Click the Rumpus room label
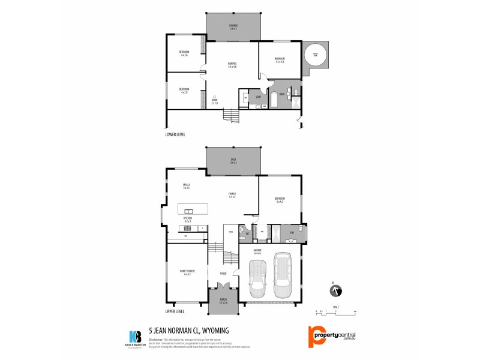tap(232, 65)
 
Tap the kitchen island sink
tap(189, 211)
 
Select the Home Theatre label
tap(187, 273)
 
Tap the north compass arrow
tap(334, 291)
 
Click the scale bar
tap(335, 311)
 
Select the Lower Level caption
tap(175, 135)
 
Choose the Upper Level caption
tap(175, 311)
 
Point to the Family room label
tap(232, 194)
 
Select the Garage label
tap(257, 252)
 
